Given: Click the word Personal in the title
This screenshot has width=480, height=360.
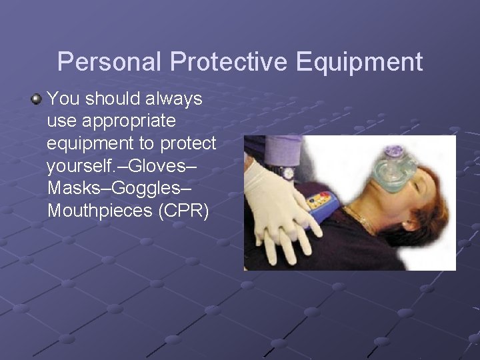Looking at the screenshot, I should pos(109,62).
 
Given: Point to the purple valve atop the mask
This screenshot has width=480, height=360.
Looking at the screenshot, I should pos(395,151).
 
